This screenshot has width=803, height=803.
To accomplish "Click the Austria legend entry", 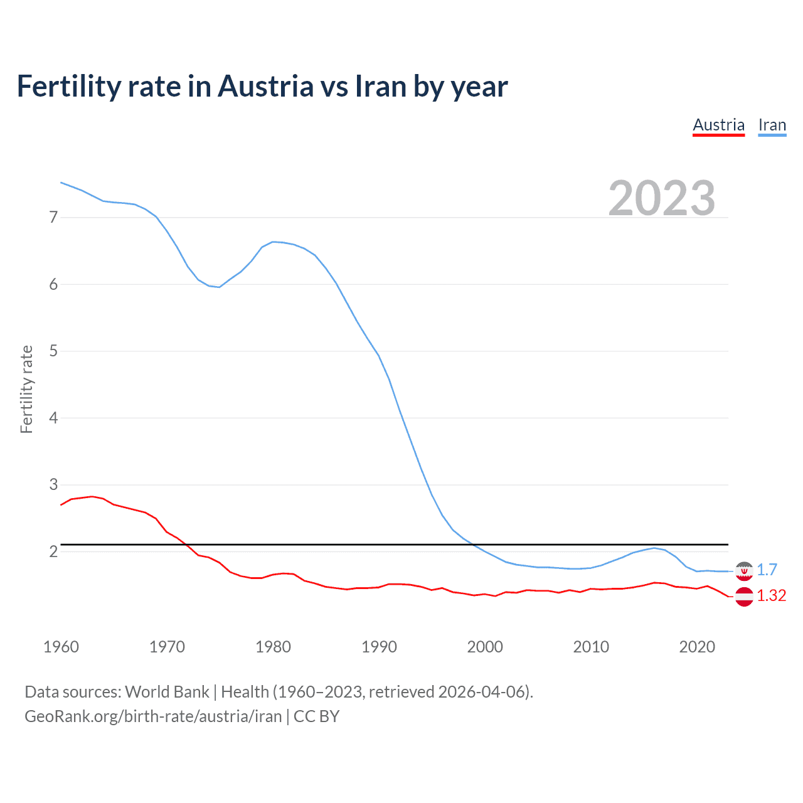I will click(718, 125).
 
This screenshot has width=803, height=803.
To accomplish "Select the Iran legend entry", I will click(772, 125).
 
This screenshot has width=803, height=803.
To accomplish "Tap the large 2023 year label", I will click(661, 198).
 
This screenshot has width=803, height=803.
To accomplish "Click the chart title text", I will click(262, 86).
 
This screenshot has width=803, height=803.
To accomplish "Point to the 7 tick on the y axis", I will click(53, 218).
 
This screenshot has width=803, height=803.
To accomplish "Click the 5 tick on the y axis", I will click(53, 351).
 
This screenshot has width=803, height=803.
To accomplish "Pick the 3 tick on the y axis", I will click(53, 485).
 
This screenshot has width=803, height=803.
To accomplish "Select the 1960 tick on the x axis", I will click(61, 647).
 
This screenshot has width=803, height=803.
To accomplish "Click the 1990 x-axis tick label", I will click(379, 647).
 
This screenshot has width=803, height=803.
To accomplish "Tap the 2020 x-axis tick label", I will click(697, 647).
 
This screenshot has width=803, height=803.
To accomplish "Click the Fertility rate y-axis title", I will click(26, 389).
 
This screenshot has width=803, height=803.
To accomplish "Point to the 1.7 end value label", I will click(767, 570).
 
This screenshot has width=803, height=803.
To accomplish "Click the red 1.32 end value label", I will click(771, 595).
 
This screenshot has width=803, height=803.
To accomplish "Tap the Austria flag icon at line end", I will click(744, 597).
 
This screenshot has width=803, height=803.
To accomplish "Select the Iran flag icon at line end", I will click(744, 571).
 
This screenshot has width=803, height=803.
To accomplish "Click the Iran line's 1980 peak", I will click(273, 242).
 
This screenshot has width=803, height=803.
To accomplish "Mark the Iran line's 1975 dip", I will click(220, 287).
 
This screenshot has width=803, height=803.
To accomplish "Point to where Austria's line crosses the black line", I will click(186, 544).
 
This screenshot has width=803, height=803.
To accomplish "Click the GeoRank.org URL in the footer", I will click(153, 716).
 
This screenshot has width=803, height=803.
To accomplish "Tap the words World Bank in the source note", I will click(167, 692).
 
